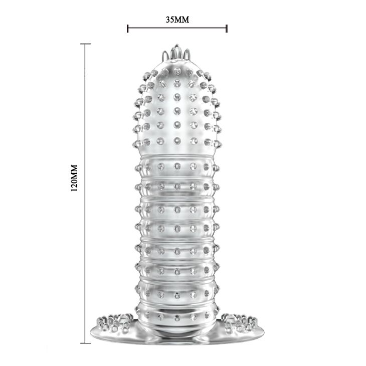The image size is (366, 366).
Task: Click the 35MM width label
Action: click(177, 20)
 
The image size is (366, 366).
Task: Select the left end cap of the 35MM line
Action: click(128, 28)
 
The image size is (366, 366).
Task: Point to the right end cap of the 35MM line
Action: click(227, 28)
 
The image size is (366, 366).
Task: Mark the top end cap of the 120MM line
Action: click(85, 44)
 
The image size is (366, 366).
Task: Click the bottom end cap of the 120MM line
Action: click(85, 343)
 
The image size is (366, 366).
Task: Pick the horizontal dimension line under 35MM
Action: click(177, 28)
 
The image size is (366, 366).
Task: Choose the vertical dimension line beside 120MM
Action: click(85, 194)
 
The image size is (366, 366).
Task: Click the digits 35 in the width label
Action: click(170, 20)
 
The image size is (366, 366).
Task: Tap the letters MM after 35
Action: click(182, 20)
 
